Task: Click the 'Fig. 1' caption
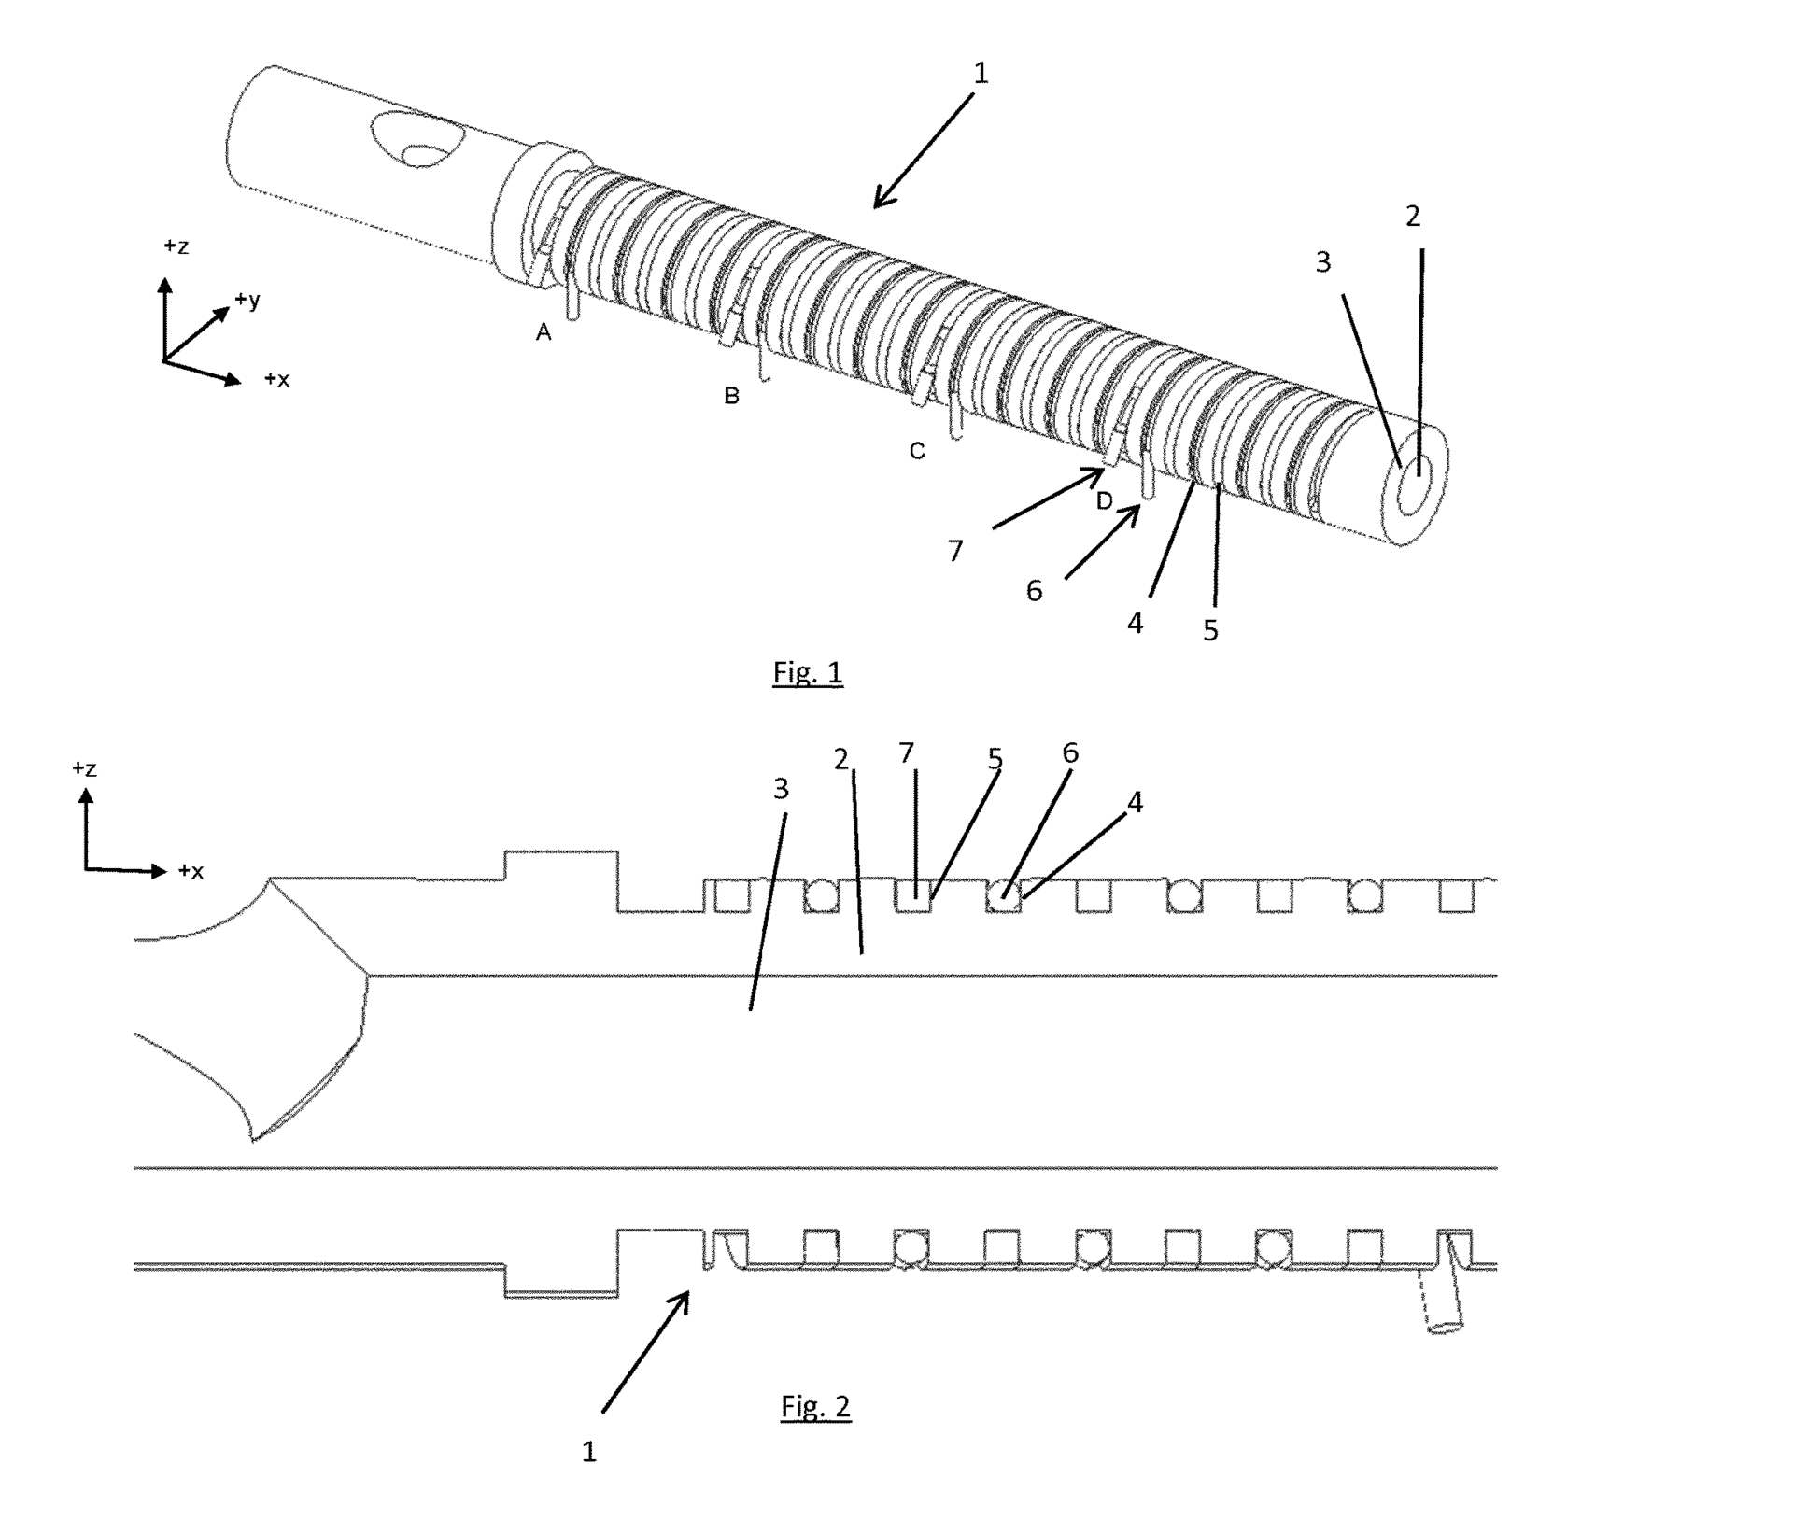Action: tap(807, 672)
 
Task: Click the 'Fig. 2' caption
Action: tap(815, 1407)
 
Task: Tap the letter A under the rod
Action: tap(544, 332)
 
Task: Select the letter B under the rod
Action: tap(731, 396)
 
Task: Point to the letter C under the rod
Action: tap(917, 452)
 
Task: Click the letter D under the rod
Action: tap(1104, 501)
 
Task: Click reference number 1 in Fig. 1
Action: tap(980, 73)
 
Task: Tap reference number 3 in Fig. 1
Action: tap(1322, 263)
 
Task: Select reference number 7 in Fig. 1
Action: tap(954, 552)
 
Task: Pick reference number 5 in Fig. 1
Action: tap(1210, 631)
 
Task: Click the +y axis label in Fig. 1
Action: tap(247, 300)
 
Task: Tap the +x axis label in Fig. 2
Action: tap(191, 871)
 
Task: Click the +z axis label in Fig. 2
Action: tap(84, 768)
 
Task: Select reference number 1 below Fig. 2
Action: tap(588, 1452)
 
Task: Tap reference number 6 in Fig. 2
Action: tap(1070, 753)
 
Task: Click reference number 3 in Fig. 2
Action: tap(782, 789)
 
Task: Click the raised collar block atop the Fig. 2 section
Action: tap(560, 865)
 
